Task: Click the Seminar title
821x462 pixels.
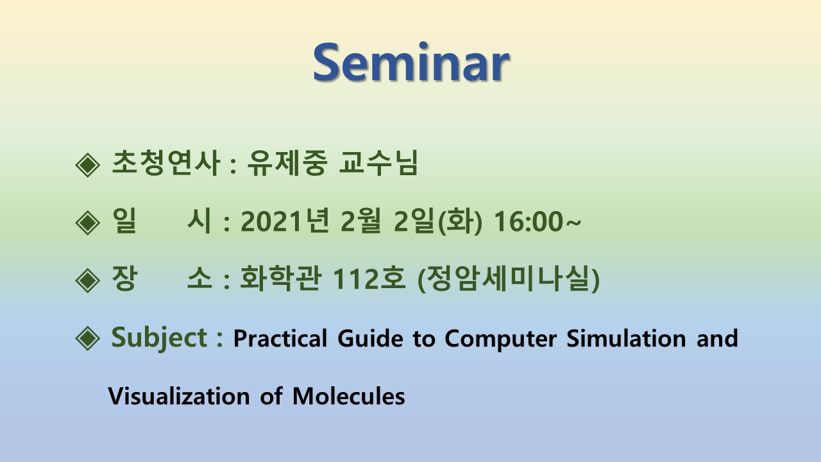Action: click(411, 62)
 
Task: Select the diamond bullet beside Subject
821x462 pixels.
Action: click(88, 338)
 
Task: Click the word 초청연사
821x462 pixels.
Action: click(166, 163)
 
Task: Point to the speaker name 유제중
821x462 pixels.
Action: click(287, 163)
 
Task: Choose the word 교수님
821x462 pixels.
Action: click(378, 163)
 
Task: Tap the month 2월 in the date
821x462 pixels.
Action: click(361, 221)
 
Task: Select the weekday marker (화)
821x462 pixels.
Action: click(460, 221)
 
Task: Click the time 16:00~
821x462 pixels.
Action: click(537, 221)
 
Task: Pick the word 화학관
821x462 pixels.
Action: click(281, 278)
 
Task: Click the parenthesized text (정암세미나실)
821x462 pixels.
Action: click(509, 278)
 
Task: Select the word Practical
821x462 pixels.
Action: click(280, 338)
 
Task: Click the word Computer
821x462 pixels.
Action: click(501, 339)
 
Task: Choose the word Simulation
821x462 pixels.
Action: click(626, 338)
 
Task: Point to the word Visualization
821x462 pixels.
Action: click(179, 396)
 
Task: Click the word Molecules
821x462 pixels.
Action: click(348, 396)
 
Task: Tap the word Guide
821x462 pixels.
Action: click(370, 338)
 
